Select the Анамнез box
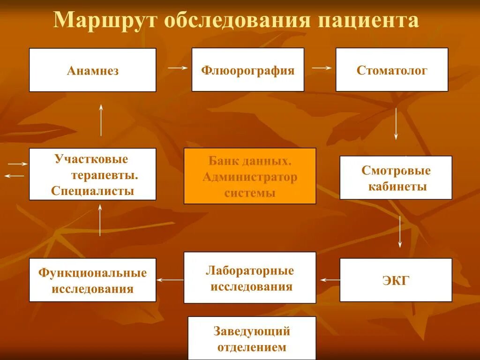pyautogui.click(x=92, y=70)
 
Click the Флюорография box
pyautogui.click(x=247, y=70)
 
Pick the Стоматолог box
pyautogui.click(x=392, y=70)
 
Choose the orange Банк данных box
pyautogui.click(x=249, y=176)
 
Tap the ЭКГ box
pyautogui.click(x=396, y=280)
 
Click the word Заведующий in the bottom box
pyautogui.click(x=252, y=331)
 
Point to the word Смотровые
pyautogui.click(x=396, y=171)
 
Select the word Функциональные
pyautogui.click(x=92, y=273)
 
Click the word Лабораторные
pyautogui.click(x=249, y=271)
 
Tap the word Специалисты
pyautogui.click(x=92, y=191)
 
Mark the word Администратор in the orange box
pyautogui.click(x=249, y=177)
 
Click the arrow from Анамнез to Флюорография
pyautogui.click(x=178, y=68)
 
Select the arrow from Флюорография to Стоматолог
pyautogui.click(x=322, y=68)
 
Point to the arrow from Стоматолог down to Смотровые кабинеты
pyautogui.click(x=396, y=124)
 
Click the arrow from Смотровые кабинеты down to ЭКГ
pyautogui.click(x=400, y=231)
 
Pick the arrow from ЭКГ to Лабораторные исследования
pyautogui.click(x=330, y=280)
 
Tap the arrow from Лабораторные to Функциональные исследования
pyautogui.click(x=170, y=280)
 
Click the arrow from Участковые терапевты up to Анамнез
pyautogui.click(x=101, y=120)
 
